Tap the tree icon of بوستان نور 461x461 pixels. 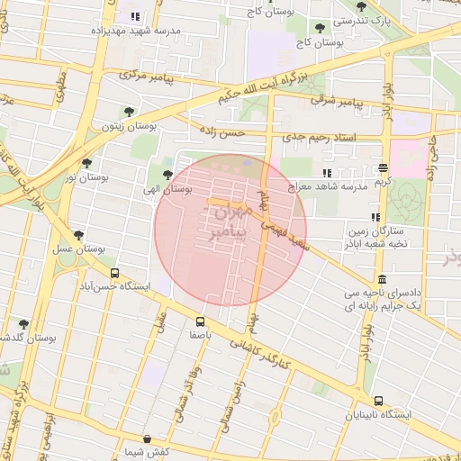(x=86, y=163)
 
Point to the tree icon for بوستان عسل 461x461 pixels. (x=78, y=235)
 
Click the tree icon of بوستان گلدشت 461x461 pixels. (x=23, y=324)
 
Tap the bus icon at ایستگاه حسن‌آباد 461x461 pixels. (x=114, y=273)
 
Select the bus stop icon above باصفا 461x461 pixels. (x=200, y=321)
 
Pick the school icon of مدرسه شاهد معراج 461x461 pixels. (x=326, y=172)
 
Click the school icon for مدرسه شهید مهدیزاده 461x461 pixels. (x=135, y=16)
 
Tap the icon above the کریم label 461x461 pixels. (x=384, y=168)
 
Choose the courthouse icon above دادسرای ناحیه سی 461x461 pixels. (x=383, y=279)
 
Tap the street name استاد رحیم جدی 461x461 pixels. (x=319, y=138)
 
